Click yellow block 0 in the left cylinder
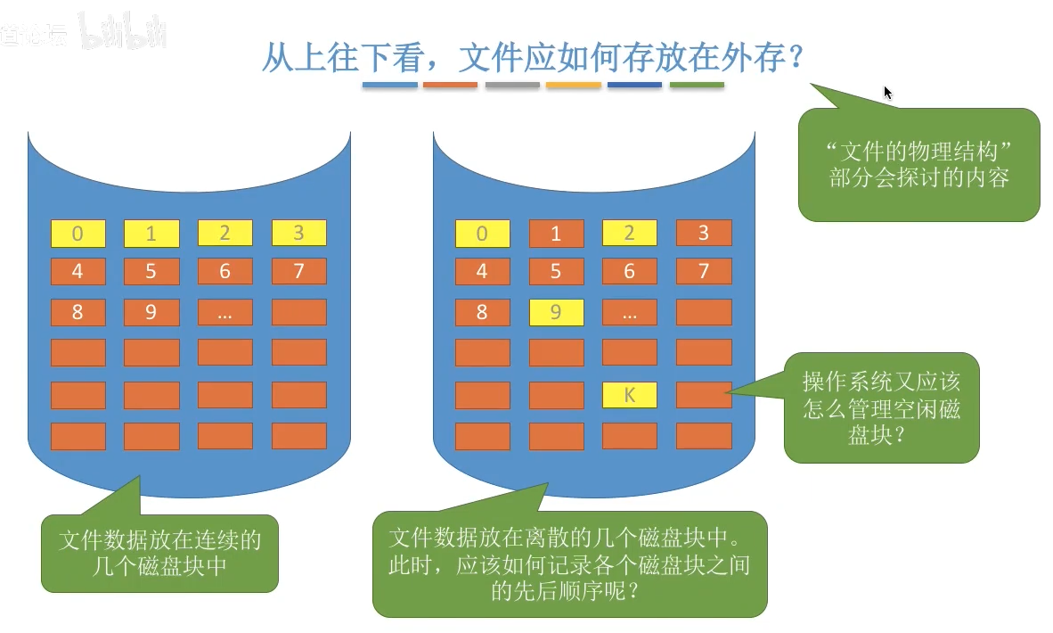[x=78, y=234]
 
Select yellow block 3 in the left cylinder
[x=298, y=233]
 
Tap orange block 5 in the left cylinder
[x=151, y=271]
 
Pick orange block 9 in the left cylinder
[x=151, y=312]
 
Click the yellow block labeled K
[x=630, y=395]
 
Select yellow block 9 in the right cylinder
[x=556, y=312]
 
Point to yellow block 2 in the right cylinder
[x=630, y=233]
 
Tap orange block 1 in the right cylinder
[x=556, y=234]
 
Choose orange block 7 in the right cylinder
[x=704, y=271]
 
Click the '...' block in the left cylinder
[x=224, y=312]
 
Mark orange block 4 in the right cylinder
[x=482, y=271]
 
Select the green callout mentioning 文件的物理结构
[x=918, y=164]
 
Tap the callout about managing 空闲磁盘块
[x=881, y=407]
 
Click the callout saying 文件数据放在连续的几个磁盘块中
[x=159, y=553]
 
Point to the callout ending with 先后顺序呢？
[x=569, y=563]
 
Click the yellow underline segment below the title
[x=574, y=86]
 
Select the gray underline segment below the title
[x=512, y=86]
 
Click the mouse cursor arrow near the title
[x=887, y=93]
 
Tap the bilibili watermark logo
[x=123, y=33]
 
